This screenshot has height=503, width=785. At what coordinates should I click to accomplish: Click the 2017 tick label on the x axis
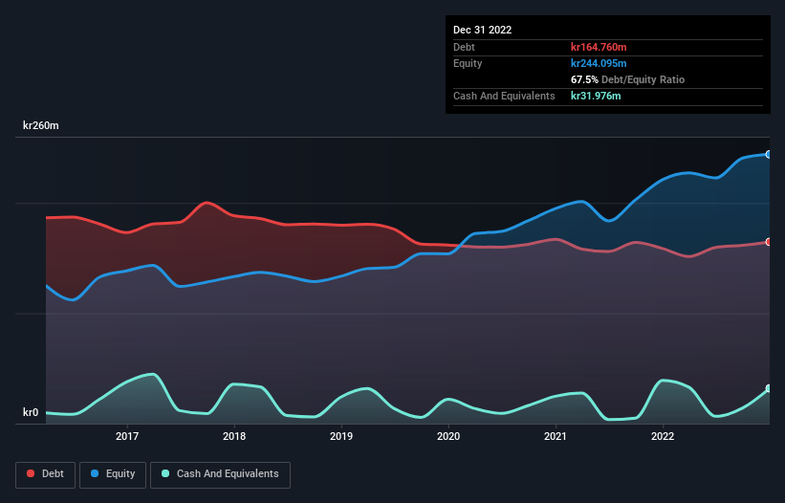pos(127,437)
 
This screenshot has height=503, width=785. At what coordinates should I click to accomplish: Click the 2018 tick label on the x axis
pos(234,437)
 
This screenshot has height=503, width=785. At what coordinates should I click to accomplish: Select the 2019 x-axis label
pos(341,437)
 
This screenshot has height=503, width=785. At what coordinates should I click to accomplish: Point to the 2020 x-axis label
pos(448,437)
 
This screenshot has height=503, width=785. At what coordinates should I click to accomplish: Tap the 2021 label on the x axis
pos(556,437)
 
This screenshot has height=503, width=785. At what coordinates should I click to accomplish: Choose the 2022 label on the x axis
pos(662,437)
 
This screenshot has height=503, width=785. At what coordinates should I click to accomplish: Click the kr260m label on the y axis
pos(43,126)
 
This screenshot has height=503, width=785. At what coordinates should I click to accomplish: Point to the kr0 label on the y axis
pos(31,413)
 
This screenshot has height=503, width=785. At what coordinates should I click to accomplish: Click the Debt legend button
pos(46,473)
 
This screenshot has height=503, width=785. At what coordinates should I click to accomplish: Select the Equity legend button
pos(112,473)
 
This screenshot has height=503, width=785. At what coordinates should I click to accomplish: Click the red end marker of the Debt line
pos(769,242)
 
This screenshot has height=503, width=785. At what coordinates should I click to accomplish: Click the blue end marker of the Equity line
pos(769,154)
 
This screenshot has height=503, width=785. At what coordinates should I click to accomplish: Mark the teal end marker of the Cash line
pos(769,389)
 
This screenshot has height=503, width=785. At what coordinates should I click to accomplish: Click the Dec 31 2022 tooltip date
pos(483,30)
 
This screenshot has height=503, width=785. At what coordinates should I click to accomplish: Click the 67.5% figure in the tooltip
pos(584,79)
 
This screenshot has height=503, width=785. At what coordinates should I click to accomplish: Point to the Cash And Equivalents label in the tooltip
pos(504,96)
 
